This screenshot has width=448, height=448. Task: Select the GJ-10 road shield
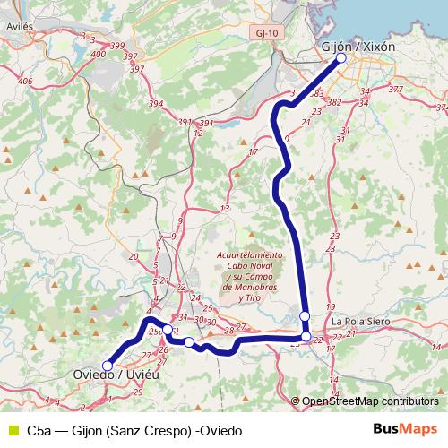click(x=265, y=31)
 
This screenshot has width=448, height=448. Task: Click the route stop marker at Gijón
click(x=341, y=59)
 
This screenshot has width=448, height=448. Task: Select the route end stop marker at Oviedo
click(x=108, y=365)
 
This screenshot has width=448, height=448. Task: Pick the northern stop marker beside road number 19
click(x=306, y=316)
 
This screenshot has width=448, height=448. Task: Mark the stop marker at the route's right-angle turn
click(x=306, y=337)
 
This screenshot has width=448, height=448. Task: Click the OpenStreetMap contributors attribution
click(x=370, y=401)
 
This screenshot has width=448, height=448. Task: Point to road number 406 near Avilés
click(x=24, y=82)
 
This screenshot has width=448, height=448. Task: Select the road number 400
click(x=98, y=55)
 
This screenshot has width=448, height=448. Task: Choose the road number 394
click(x=156, y=105)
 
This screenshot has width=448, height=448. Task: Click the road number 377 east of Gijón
click(x=395, y=90)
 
